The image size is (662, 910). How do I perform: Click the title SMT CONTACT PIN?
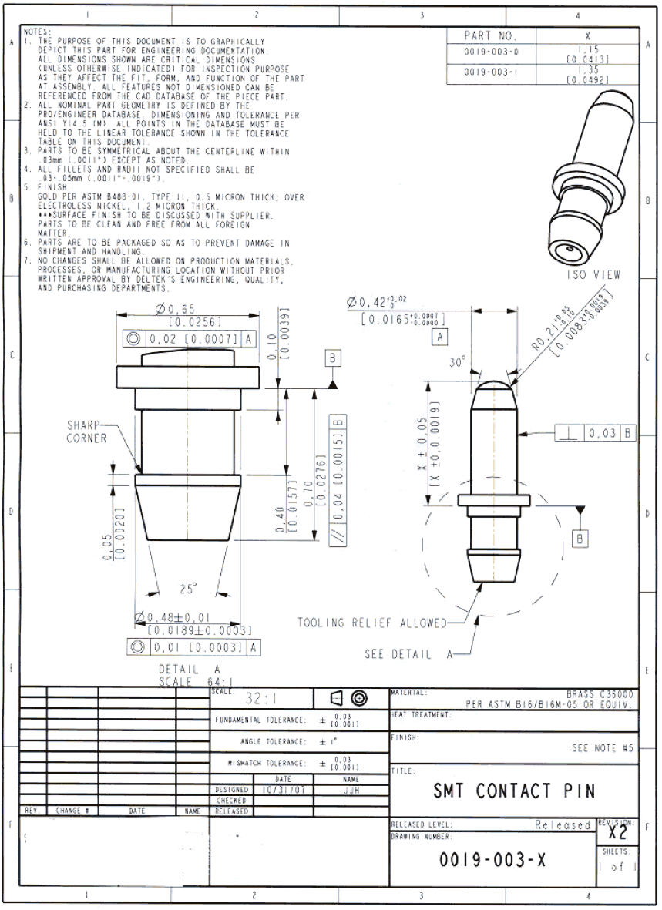click(514, 791)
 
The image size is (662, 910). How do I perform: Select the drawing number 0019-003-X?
click(493, 861)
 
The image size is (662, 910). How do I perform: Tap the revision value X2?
click(617, 832)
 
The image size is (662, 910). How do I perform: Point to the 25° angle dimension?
click(188, 589)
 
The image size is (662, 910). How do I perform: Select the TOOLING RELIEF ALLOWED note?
click(371, 622)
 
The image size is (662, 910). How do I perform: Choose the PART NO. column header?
click(490, 35)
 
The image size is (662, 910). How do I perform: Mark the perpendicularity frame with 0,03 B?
click(595, 434)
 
